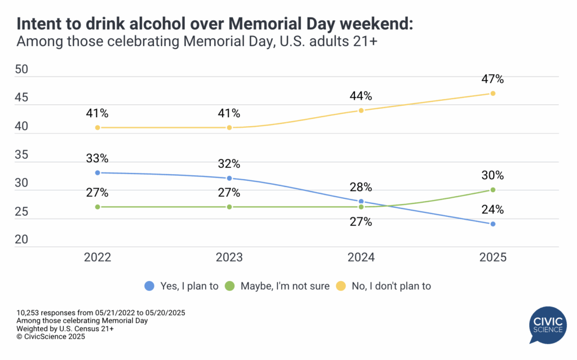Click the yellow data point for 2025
pyautogui.click(x=492, y=94)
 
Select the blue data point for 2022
pyautogui.click(x=97, y=172)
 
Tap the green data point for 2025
pyautogui.click(x=492, y=190)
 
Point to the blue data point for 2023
pyautogui.click(x=229, y=178)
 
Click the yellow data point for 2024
pyautogui.click(x=361, y=110)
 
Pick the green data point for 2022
pyautogui.click(x=97, y=207)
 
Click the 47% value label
pyautogui.click(x=492, y=79)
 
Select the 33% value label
pyautogui.click(x=97, y=158)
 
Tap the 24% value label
pyautogui.click(x=492, y=210)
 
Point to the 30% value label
pyautogui.click(x=492, y=175)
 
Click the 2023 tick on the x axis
pyautogui.click(x=229, y=257)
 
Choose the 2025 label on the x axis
pyautogui.click(x=492, y=257)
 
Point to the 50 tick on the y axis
pyautogui.click(x=21, y=70)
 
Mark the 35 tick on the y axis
pyautogui.click(x=21, y=155)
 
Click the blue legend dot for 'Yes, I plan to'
pyautogui.click(x=150, y=286)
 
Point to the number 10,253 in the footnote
pyautogui.click(x=31, y=312)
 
